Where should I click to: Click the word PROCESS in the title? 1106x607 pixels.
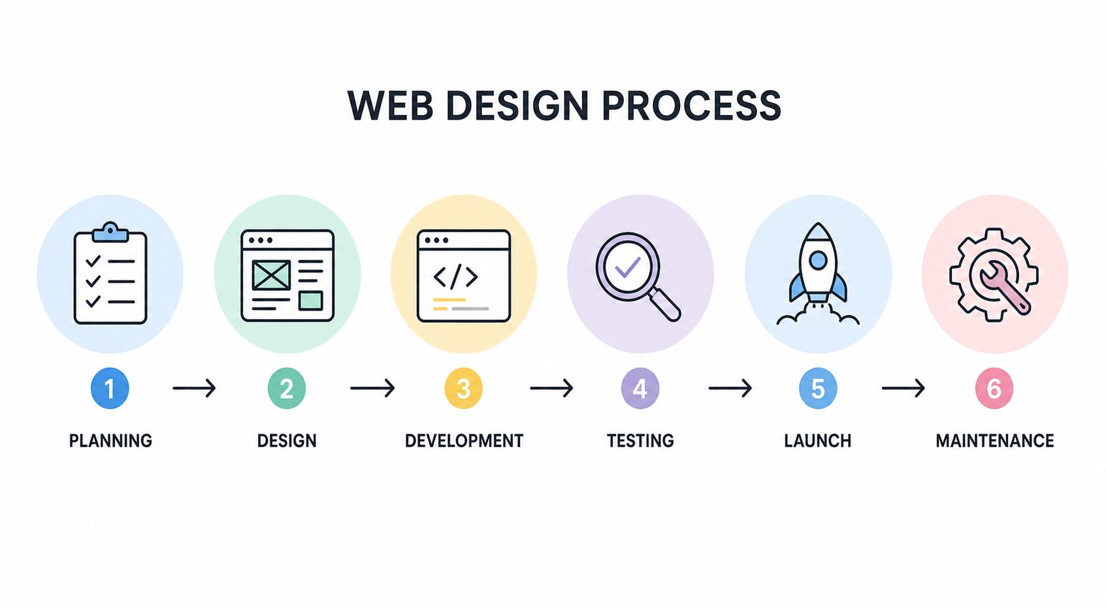pos(691,105)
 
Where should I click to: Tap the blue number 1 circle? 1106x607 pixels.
pos(110,388)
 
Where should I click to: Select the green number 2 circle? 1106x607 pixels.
pos(286,388)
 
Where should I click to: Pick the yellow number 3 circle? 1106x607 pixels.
pos(463,388)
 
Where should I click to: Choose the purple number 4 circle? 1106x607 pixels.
pos(640,388)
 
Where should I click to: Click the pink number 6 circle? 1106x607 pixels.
pos(994,388)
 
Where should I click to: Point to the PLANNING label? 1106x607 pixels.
pos(110,440)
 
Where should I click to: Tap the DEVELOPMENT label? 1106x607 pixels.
pos(464,440)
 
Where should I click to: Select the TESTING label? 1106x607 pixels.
pos(640,440)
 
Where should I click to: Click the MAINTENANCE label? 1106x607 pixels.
pos(995,440)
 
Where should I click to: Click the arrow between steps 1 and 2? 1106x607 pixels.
pos(194,387)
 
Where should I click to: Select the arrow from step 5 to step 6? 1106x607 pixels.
pos(903,387)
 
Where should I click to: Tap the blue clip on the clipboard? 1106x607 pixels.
pos(110,232)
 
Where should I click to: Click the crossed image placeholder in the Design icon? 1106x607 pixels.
pos(271,275)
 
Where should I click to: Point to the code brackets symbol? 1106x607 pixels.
pos(455,276)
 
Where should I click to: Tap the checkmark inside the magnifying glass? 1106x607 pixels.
pos(627,267)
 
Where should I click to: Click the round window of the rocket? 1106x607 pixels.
pos(818,260)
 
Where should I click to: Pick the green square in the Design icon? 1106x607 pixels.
pos(310,301)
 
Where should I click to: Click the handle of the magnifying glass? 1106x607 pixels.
pos(665,305)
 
